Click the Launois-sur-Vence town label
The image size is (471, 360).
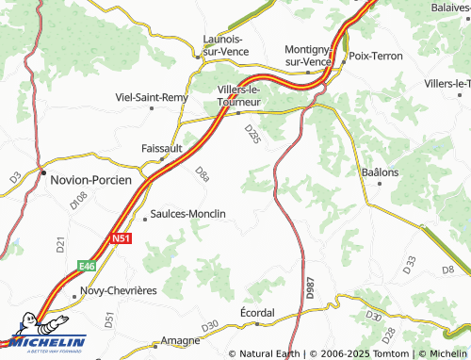(x=222, y=44)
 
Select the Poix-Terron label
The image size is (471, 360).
(x=375, y=57)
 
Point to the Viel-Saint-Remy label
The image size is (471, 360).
(x=151, y=97)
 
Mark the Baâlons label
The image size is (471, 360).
(x=381, y=172)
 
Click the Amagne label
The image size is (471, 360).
(x=180, y=340)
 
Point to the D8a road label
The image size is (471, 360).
(x=202, y=173)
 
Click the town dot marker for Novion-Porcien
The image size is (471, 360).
(x=42, y=173)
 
